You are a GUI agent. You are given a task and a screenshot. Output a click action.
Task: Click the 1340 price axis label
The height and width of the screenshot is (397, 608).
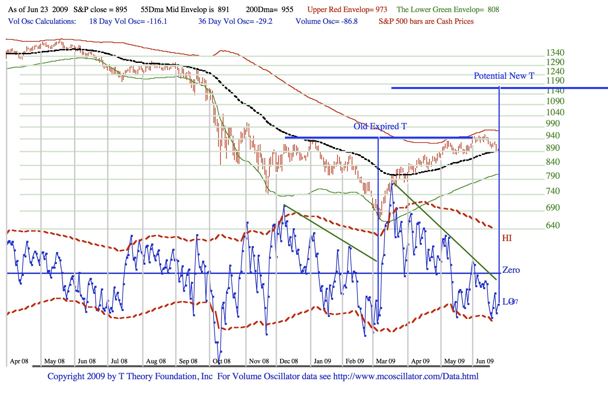(x=555, y=52)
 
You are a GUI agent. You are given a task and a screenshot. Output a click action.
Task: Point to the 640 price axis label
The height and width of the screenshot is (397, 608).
(x=553, y=225)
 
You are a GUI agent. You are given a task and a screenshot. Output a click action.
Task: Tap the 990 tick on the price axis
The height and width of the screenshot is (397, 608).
(x=553, y=123)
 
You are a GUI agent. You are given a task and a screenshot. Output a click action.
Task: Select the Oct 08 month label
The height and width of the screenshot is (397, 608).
(x=221, y=361)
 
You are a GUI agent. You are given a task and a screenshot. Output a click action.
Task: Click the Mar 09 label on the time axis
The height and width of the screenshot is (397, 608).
(x=386, y=361)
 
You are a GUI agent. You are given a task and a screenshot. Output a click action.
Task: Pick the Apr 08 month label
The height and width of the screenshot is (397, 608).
(x=19, y=361)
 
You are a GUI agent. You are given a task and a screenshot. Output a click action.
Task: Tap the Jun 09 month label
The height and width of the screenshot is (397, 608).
(x=485, y=361)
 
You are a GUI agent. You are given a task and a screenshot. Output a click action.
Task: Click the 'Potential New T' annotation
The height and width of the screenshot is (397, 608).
(x=504, y=76)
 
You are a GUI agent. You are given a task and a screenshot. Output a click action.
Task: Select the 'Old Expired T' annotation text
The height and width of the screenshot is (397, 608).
(x=380, y=126)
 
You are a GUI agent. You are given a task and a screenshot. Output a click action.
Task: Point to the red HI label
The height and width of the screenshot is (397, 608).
(x=507, y=238)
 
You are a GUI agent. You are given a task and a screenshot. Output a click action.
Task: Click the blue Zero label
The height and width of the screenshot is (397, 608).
(x=511, y=270)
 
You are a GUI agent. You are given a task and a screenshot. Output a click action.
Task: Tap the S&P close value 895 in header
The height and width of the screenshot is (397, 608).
(x=122, y=10)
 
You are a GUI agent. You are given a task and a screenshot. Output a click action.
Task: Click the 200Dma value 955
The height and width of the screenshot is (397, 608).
(x=287, y=10)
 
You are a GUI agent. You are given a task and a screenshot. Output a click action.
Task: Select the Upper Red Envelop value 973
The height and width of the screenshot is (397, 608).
(x=381, y=10)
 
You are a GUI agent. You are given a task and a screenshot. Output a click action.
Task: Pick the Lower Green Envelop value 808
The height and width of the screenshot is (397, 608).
(x=493, y=10)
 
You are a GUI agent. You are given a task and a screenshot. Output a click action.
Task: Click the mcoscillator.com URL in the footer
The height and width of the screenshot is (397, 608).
(x=406, y=376)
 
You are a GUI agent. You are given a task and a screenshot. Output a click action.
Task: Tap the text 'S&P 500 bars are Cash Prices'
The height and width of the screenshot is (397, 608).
(x=426, y=21)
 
